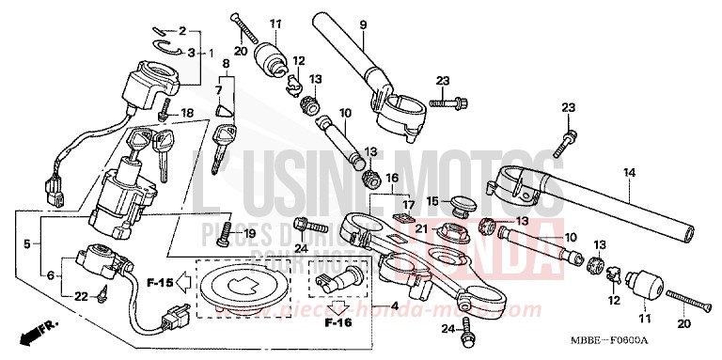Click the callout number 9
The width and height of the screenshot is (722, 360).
[363, 23]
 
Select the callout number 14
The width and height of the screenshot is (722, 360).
[629, 172]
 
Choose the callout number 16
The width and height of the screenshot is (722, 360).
[392, 177]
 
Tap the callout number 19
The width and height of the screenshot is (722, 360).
[249, 232]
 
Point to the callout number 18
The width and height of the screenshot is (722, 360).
[186, 113]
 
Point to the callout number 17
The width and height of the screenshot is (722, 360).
[409, 204]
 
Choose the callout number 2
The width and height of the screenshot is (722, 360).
[182, 31]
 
